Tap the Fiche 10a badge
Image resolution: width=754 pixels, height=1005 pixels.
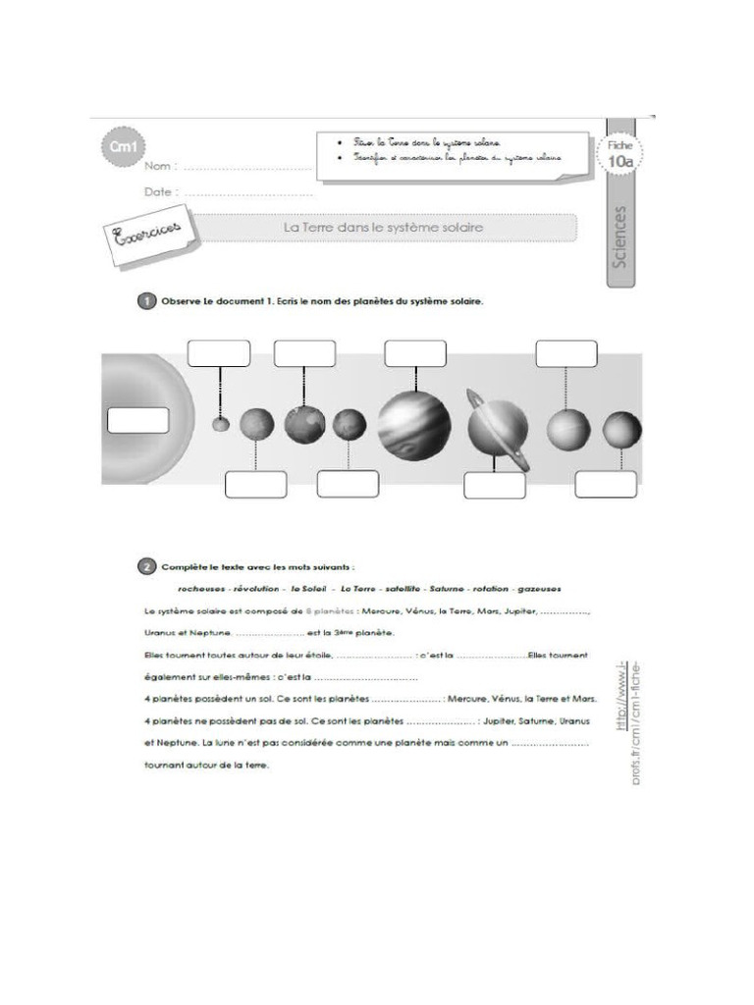[x=619, y=155]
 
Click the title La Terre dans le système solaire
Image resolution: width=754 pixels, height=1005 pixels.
[x=384, y=227]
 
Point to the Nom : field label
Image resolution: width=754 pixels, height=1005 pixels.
[x=160, y=167]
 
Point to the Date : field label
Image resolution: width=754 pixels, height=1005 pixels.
[x=161, y=192]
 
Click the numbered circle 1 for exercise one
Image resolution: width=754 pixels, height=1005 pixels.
[x=143, y=301]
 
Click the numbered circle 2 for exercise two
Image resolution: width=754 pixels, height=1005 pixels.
[x=143, y=566]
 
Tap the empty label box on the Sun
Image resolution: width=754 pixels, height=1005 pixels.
[x=137, y=420]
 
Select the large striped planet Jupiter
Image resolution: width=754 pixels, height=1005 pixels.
[x=414, y=424]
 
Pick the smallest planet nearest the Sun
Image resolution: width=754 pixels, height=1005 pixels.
[x=221, y=424]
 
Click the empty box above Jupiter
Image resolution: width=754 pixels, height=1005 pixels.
[x=414, y=353]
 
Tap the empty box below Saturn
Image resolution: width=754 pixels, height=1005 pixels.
[x=494, y=485]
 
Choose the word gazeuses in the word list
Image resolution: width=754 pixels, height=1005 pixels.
[x=538, y=588]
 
